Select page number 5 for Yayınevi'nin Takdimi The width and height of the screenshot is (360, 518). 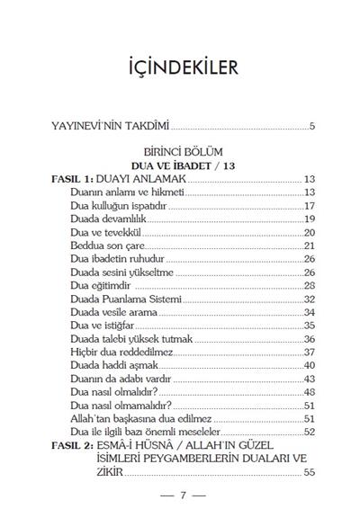pyautogui.click(x=311, y=125)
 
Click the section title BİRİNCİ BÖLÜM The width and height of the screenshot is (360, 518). pyautogui.click(x=180, y=154)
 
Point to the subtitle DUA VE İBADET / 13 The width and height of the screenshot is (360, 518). pyautogui.click(x=180, y=167)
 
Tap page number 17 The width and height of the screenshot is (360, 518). pyautogui.click(x=308, y=206)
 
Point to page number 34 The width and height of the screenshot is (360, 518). pyautogui.click(x=308, y=311)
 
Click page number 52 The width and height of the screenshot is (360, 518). pyautogui.click(x=308, y=431)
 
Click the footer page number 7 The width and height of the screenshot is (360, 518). pyautogui.click(x=180, y=496)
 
